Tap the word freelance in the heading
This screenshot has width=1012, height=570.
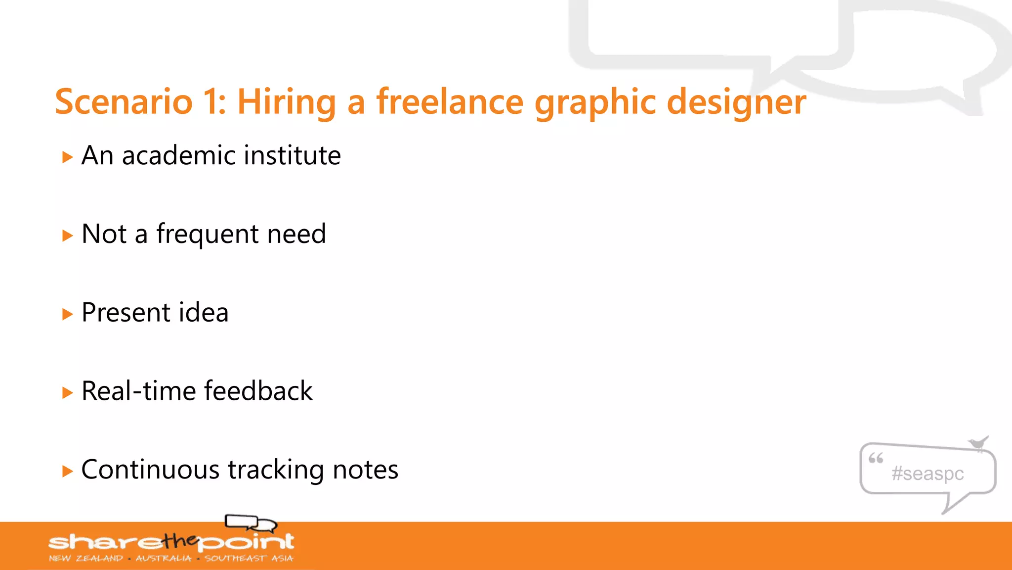[x=450, y=102]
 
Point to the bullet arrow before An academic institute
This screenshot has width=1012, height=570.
[x=68, y=157]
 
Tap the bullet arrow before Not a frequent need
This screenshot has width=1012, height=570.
[x=68, y=236]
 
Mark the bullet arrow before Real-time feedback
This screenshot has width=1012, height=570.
[x=68, y=393]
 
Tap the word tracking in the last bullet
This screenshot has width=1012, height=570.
[x=276, y=471]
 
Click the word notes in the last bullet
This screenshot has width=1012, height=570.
[x=365, y=470]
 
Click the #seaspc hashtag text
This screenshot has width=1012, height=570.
[x=928, y=474]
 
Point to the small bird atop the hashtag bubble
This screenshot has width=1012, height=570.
[x=978, y=442]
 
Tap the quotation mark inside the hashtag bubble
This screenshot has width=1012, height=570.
[x=876, y=459]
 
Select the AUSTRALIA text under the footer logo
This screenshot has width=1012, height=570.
[x=164, y=559]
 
